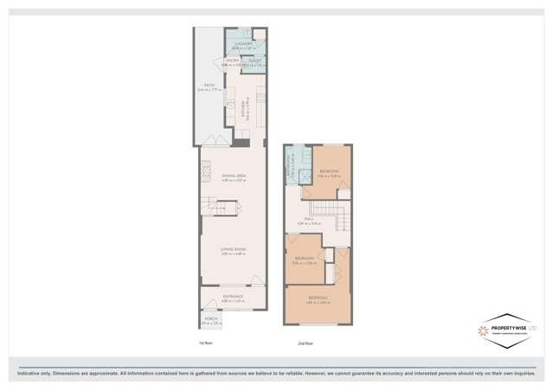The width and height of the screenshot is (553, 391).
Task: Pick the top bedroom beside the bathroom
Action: (x=330, y=172)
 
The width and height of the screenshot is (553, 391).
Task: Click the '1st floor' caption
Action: (x=205, y=343)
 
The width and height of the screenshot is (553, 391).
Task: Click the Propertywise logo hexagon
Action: (x=492, y=330)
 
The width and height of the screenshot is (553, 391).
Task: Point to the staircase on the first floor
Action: (x=226, y=208)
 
